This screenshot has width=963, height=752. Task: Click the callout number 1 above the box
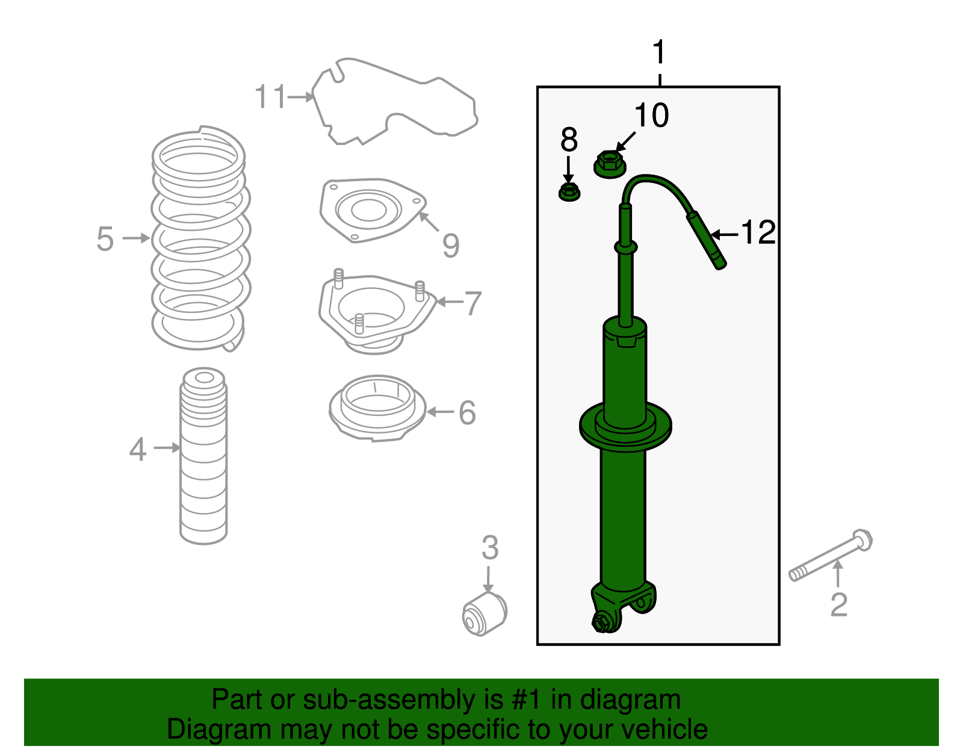pos(660,53)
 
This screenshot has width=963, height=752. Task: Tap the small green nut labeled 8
pos(569,193)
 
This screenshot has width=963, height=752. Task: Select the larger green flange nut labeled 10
pos(610,164)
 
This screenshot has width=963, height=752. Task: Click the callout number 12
pos(758,232)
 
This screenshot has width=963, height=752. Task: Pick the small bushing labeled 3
pos(485,614)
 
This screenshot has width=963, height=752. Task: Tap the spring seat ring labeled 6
pos(377,408)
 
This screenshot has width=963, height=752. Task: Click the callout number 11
pos(270,96)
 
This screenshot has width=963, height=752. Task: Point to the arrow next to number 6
pos(440,412)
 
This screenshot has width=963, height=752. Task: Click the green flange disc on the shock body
pos(625,426)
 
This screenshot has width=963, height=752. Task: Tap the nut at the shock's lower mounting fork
pos(601,622)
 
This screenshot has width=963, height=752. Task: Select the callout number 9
pos(451,246)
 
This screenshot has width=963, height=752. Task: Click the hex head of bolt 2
pos(862,539)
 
